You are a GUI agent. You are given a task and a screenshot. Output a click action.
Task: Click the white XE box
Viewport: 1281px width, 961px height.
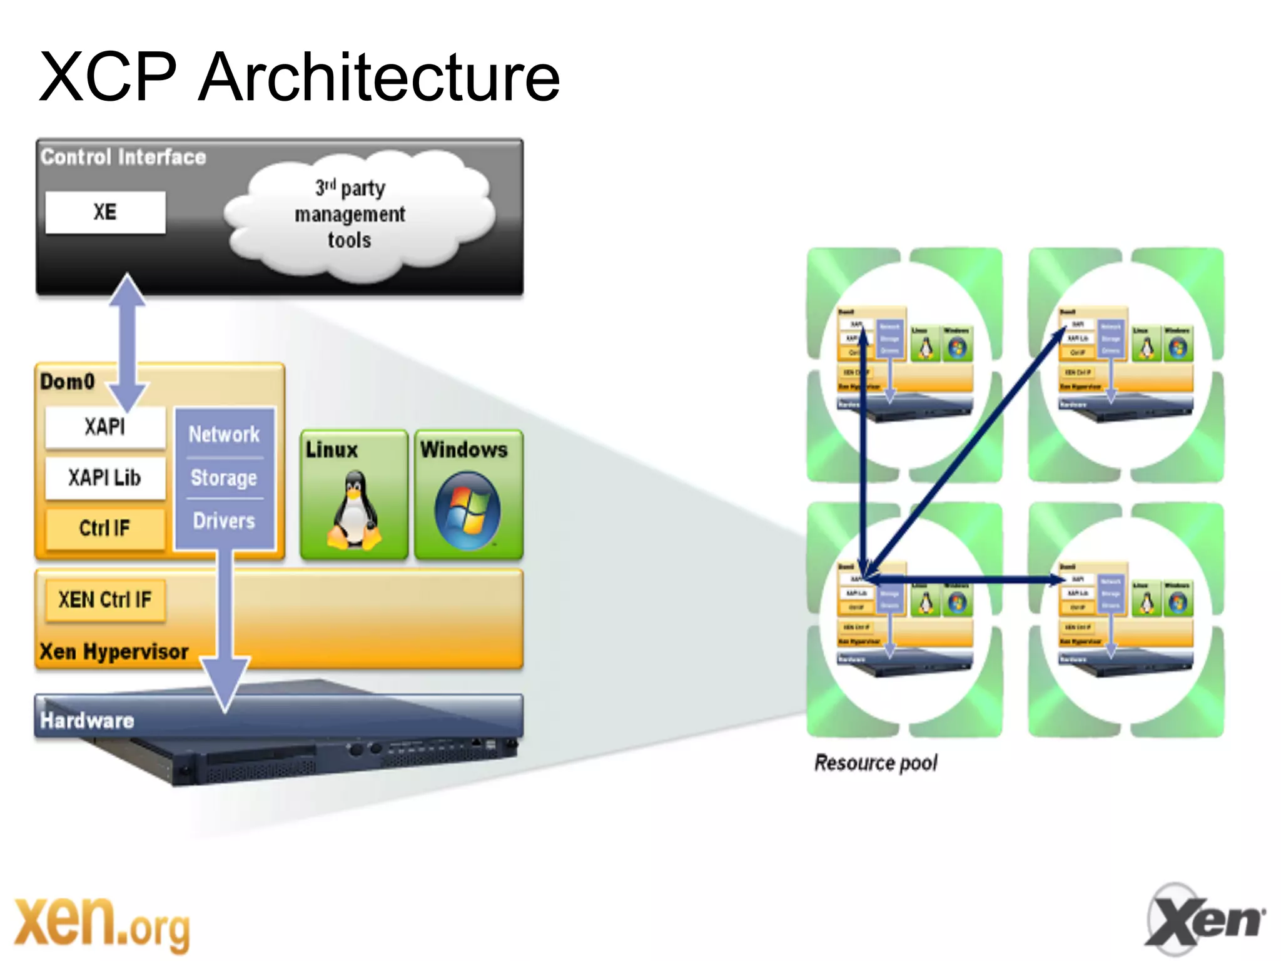click(105, 212)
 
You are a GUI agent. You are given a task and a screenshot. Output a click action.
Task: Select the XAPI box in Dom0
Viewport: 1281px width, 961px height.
click(105, 428)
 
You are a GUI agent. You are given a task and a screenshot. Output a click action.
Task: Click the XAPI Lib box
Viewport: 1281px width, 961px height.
click(105, 478)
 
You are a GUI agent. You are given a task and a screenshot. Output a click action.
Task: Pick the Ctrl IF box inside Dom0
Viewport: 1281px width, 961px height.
click(105, 529)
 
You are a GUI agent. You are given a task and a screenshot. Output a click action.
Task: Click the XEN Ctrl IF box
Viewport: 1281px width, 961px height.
click(105, 600)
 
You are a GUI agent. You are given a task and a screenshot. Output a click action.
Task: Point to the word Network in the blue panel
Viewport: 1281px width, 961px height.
click(224, 434)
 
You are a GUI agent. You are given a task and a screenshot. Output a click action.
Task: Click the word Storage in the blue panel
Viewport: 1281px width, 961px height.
click(224, 478)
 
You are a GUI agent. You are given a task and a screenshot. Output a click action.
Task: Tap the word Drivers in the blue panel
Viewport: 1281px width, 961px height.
click(224, 521)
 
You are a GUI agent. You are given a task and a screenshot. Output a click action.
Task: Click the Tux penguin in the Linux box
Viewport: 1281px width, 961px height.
click(354, 511)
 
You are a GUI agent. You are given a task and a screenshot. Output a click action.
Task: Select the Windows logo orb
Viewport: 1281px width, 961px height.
click(467, 511)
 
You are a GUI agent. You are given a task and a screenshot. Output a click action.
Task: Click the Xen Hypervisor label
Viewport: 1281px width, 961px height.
click(114, 652)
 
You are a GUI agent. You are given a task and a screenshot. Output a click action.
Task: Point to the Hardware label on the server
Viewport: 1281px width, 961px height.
click(87, 721)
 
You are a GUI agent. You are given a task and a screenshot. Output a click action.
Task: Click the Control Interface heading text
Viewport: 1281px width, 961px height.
click(123, 157)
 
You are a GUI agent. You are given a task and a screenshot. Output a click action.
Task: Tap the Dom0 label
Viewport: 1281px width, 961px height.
click(68, 381)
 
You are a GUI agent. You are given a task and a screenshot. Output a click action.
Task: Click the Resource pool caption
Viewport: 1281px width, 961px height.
click(876, 763)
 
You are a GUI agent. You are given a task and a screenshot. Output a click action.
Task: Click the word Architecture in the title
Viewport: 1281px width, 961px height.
click(378, 78)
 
